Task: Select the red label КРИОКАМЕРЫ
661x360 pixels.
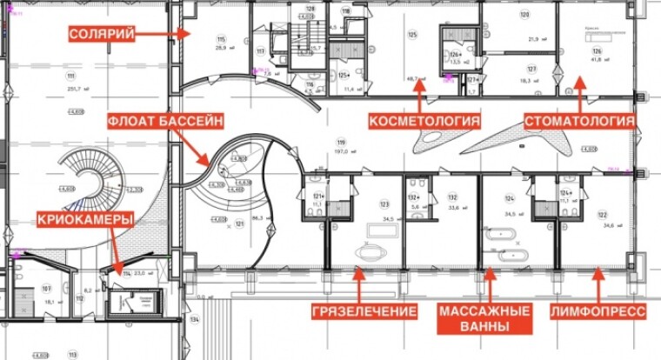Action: [x=85, y=221]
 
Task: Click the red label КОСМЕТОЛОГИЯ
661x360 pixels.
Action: [x=424, y=120]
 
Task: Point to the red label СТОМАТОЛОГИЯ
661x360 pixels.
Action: [x=578, y=120]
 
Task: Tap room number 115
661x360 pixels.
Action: [x=221, y=40]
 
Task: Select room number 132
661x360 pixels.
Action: [x=452, y=197]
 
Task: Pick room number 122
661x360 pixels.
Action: [x=601, y=215]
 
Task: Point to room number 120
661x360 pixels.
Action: [x=524, y=15]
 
